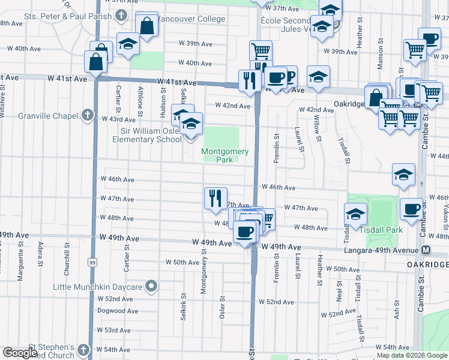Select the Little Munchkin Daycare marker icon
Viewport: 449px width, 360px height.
click(x=151, y=287)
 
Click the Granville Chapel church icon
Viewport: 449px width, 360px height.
click(x=88, y=115)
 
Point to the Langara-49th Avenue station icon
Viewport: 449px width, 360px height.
click(x=426, y=250)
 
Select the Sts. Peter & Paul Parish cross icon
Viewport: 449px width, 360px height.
click(x=121, y=16)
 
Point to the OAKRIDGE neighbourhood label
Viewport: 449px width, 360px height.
click(x=427, y=265)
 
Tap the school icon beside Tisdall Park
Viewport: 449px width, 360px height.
click(x=355, y=213)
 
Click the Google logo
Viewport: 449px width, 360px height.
click(x=20, y=353)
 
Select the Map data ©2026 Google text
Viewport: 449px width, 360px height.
click(x=412, y=355)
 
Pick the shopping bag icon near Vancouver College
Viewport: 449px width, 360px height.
click(x=146, y=26)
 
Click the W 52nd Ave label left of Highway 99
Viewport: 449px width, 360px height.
click(x=118, y=298)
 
